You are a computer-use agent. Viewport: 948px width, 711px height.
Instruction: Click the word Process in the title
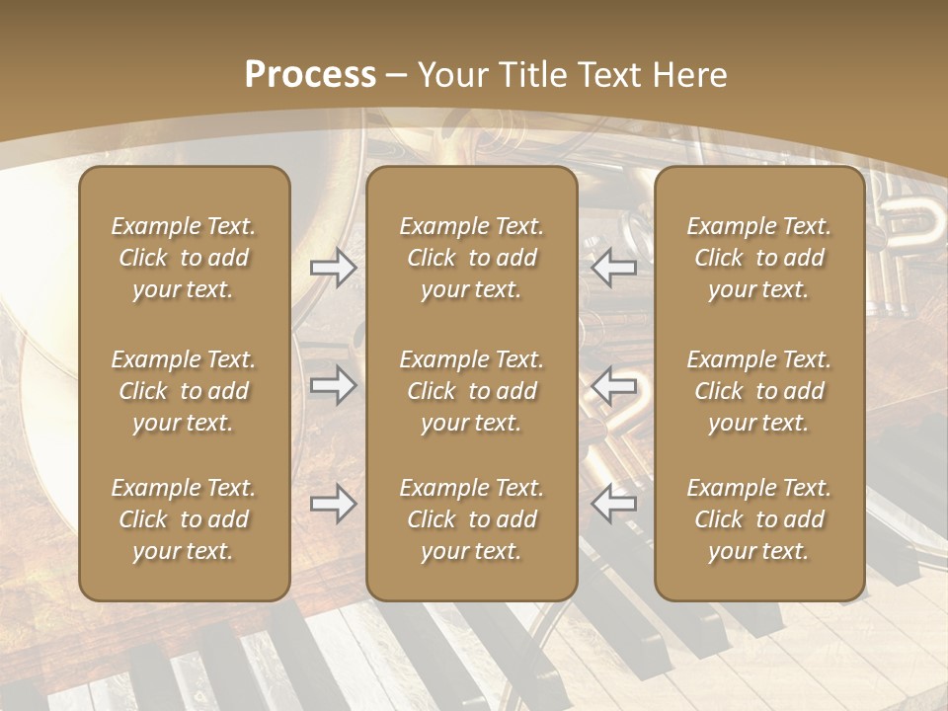pos(310,75)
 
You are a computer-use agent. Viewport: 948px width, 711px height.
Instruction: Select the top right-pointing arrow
pos(333,268)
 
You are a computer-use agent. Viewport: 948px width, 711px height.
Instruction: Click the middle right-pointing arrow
pos(333,385)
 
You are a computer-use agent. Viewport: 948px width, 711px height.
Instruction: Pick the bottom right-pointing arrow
pos(333,504)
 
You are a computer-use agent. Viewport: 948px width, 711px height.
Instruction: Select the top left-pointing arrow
pos(614,268)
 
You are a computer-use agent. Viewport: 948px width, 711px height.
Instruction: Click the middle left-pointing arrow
pos(614,385)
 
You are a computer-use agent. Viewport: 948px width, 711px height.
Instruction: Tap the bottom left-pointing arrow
pos(614,504)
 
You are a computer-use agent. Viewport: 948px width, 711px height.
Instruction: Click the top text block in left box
pos(184,258)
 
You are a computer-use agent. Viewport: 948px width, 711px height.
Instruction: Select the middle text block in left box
pos(184,391)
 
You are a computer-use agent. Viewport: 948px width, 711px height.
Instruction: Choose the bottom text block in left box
pos(184,519)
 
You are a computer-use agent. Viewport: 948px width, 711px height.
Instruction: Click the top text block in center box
pos(471,258)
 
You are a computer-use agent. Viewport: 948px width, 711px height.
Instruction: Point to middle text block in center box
pos(471,391)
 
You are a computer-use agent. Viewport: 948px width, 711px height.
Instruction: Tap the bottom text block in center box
pos(471,519)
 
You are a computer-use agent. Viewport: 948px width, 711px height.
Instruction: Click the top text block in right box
pos(758,258)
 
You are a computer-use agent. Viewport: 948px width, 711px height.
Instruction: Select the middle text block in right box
pos(758,391)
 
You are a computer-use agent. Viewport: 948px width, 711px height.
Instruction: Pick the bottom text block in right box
pos(758,519)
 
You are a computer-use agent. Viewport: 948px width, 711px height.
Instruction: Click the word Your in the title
pos(452,75)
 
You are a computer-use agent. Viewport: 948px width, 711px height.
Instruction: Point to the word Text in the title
pos(607,75)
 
